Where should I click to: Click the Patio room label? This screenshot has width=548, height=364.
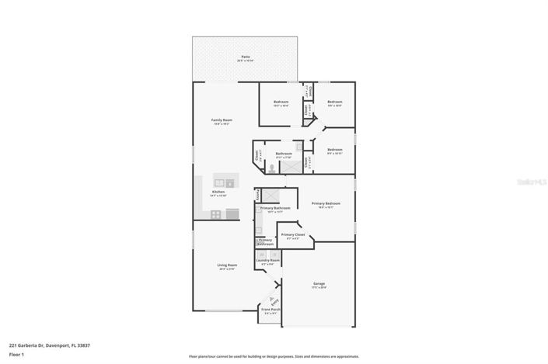(246, 58)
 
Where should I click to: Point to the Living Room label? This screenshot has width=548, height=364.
(227, 266)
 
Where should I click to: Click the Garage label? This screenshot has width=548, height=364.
(319, 285)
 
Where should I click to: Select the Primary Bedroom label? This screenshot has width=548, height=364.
(326, 205)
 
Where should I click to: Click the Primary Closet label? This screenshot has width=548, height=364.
(292, 235)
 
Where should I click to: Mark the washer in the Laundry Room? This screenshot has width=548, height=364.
(261, 253)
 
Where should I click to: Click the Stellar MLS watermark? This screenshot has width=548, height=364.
(531, 182)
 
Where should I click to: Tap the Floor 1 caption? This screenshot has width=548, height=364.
(17, 354)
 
